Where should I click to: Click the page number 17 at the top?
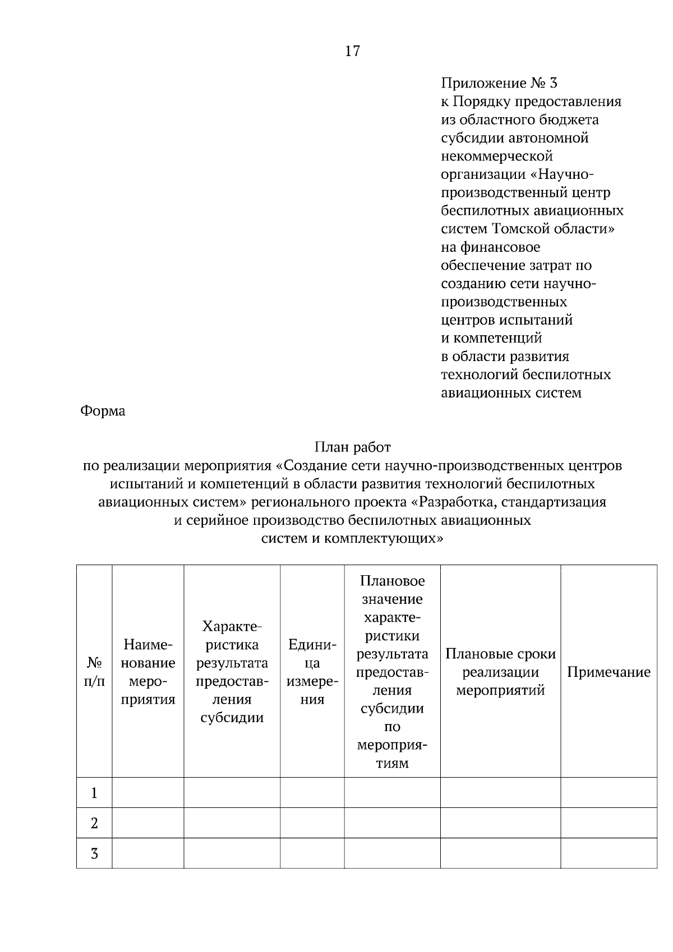(352, 52)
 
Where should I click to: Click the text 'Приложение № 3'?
(499, 84)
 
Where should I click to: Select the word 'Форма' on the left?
(103, 412)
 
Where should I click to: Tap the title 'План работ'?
(352, 447)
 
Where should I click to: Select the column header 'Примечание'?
(609, 672)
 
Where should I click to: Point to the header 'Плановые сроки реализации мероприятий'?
(500, 672)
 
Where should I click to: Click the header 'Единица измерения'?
(312, 672)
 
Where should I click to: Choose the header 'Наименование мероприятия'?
(148, 672)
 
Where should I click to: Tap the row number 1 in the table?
(94, 793)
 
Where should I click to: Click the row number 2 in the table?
(94, 824)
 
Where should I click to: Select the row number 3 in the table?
(94, 854)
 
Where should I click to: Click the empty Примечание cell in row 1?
(609, 793)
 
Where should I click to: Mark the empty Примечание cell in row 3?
(609, 853)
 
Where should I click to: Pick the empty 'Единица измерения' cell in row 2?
(312, 823)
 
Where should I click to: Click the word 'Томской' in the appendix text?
(519, 229)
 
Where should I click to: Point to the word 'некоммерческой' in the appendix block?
(497, 156)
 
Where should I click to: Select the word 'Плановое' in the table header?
(392, 581)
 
